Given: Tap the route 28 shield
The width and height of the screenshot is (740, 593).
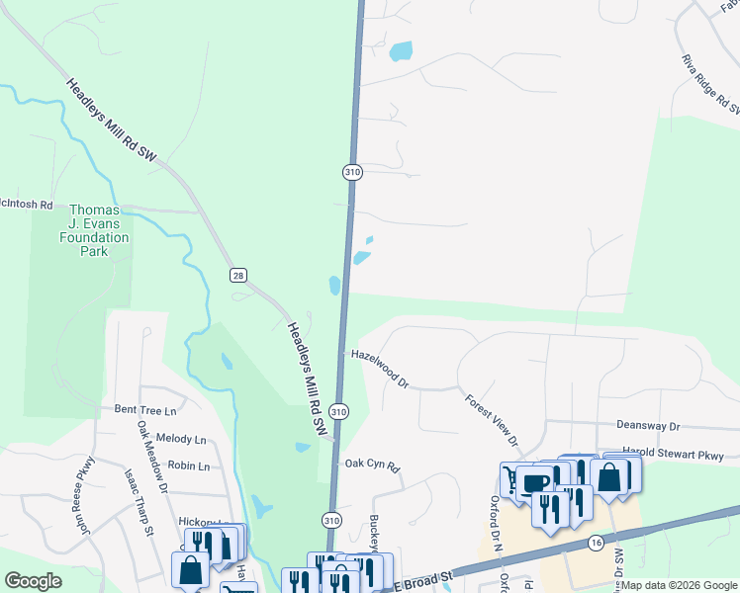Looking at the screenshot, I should coord(236,275).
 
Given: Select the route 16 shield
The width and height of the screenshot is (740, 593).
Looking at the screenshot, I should coord(595,543).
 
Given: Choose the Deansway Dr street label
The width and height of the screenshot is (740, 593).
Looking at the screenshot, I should coord(648,426).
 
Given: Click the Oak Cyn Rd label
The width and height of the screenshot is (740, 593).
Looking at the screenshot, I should coord(371,465).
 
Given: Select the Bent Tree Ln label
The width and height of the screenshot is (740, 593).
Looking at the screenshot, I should coord(144,409).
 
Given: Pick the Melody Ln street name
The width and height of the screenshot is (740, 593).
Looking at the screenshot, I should coord(180,439).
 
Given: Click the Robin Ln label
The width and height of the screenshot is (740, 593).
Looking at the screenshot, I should coord(189,466).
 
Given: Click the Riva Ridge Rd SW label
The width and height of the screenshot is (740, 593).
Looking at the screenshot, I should coord(708,85).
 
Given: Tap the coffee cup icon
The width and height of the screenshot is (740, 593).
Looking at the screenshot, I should coord(534,483).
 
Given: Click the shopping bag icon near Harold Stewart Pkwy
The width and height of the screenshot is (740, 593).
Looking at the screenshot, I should coord(609,476).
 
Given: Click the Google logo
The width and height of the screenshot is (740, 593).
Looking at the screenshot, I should coord(33,581).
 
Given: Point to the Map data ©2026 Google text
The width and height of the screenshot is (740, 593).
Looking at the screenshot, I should coord(679,585).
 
